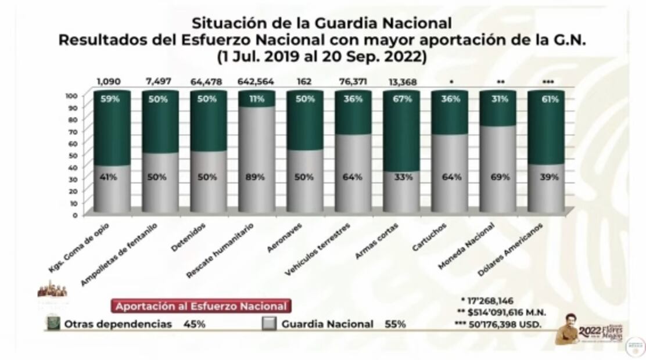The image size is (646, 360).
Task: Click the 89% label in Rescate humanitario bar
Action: pos(257,177)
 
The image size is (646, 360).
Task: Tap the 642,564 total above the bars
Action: pos(256,82)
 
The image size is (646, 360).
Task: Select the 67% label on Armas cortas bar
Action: pos(401,99)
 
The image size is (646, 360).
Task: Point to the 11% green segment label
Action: pos(257,99)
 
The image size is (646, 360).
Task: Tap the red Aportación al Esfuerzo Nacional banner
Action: pos(200,306)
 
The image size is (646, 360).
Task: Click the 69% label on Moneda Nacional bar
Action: pos(498,177)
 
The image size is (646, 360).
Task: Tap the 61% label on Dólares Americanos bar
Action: pos(546,99)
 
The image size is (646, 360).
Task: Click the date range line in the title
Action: pos(322,57)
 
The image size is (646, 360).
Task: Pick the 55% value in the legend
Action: pos(396,324)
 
